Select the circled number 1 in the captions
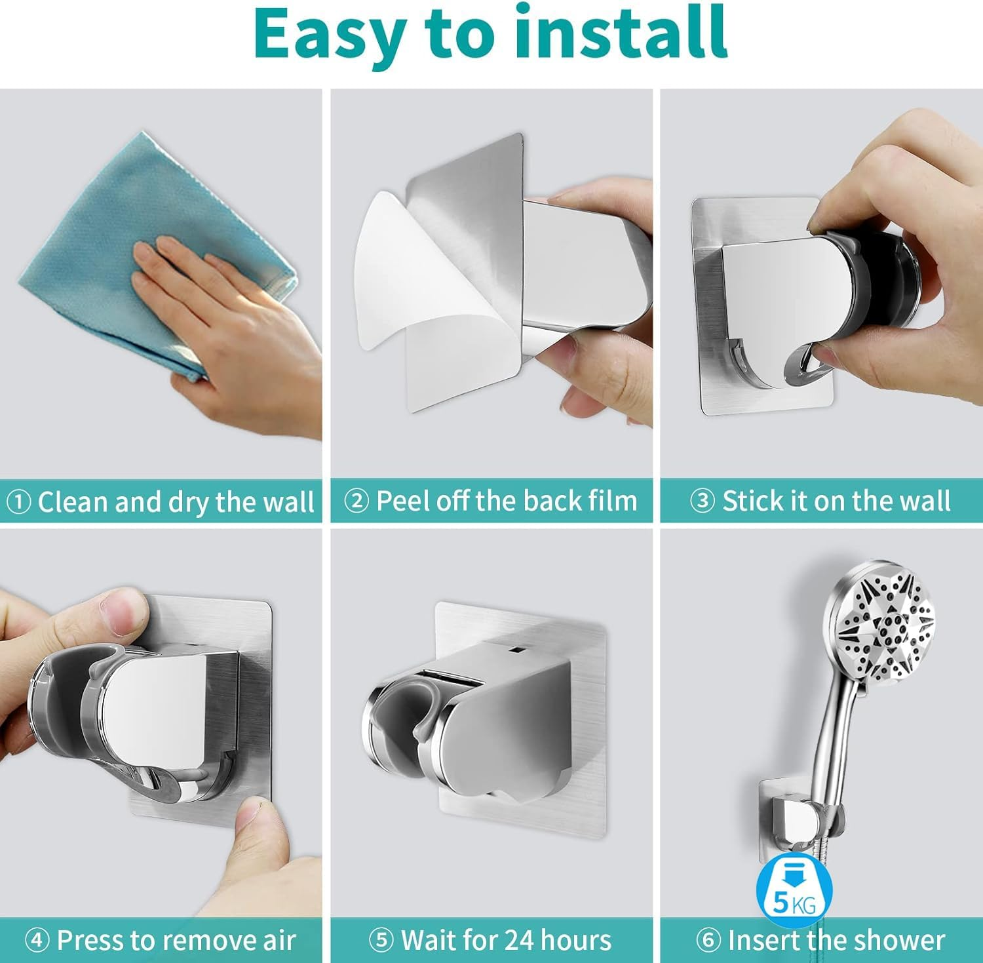18,503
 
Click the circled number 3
703,501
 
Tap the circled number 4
37,941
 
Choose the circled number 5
381,941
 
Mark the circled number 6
708,941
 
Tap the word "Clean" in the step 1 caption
72,503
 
